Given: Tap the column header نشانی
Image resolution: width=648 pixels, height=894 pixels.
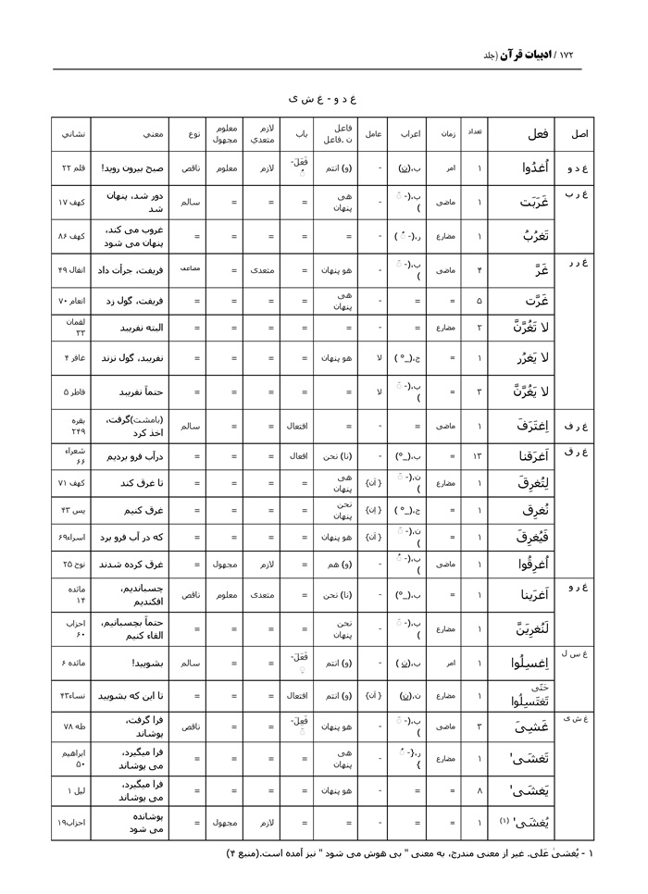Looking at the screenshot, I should tap(72, 134).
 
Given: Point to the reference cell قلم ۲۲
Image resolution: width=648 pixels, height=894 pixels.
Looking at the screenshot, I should tap(72, 168).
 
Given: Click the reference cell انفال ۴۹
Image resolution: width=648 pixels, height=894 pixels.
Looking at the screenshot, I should tap(72, 270).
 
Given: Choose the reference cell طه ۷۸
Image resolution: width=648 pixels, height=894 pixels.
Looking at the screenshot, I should tap(72, 726).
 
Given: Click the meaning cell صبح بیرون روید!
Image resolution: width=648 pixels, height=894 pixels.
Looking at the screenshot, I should tap(131, 168).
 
